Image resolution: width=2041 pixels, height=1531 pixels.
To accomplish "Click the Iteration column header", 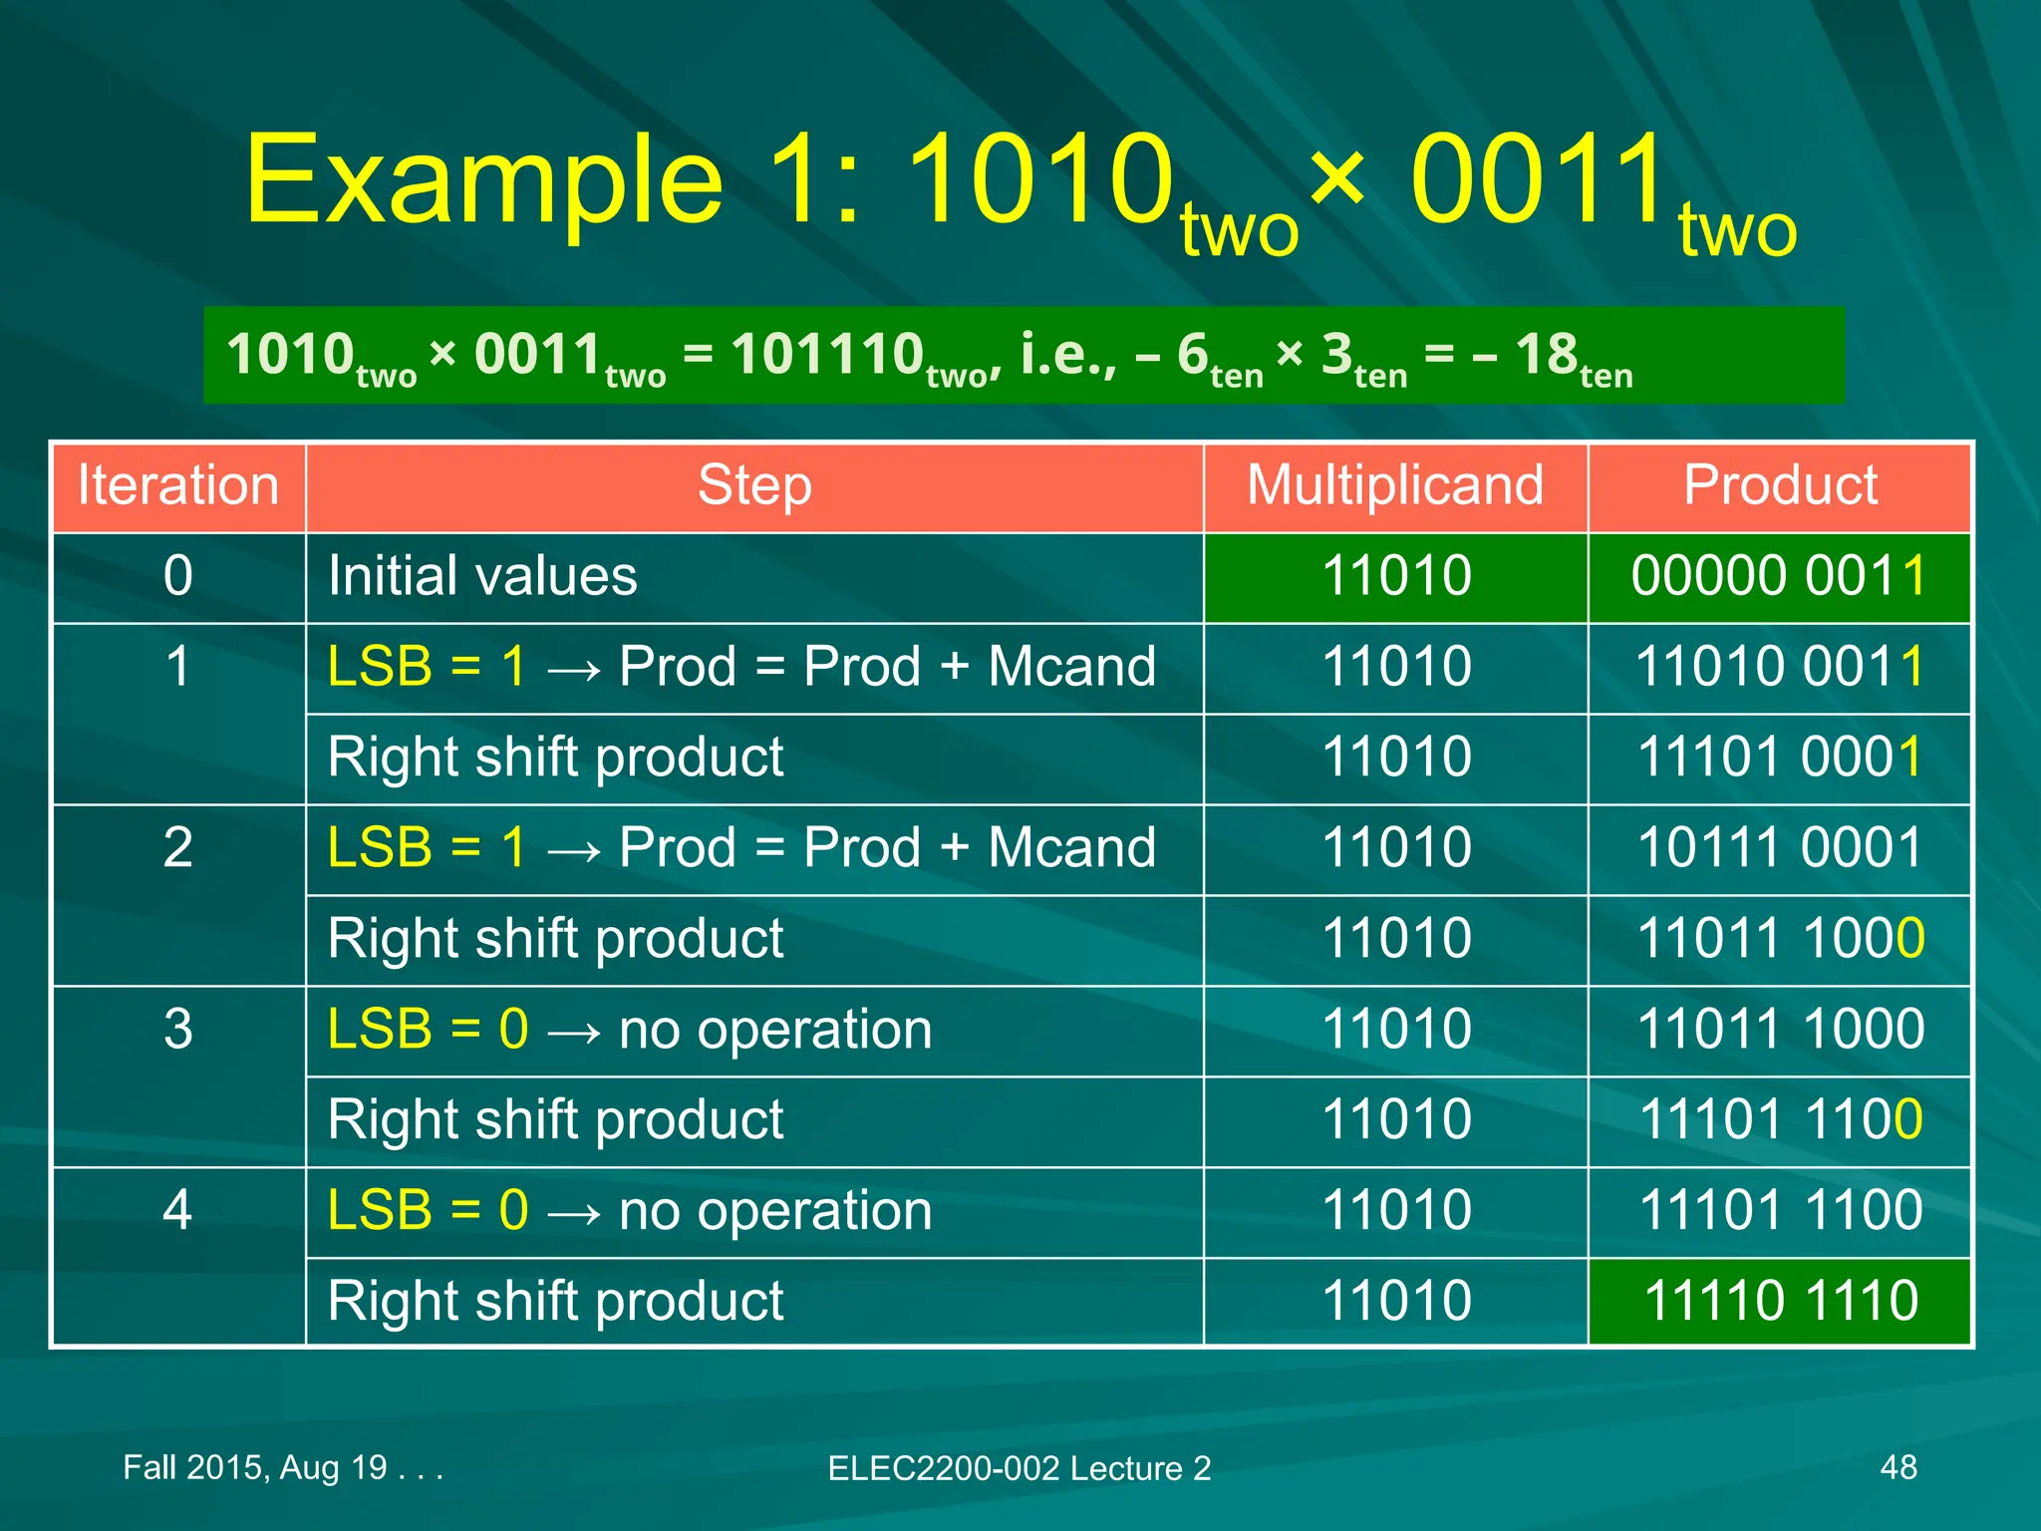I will click(177, 486).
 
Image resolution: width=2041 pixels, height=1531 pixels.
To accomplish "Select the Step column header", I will click(754, 486).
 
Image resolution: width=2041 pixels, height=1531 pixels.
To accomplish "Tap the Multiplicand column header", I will click(1395, 486).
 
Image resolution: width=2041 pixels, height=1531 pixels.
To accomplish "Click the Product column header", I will click(1780, 486).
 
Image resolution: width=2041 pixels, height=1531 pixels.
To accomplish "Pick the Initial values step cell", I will click(482, 576).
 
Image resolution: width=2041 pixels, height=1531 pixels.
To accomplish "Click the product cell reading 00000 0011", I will click(1780, 576).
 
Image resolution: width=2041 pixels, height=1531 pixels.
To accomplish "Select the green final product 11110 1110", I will click(1780, 1301).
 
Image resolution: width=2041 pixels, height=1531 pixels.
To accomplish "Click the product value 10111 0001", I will click(1780, 848).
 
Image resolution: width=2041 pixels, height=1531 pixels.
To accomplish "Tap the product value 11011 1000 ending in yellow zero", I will click(1780, 939).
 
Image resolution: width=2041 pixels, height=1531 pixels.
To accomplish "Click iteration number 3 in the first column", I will click(177, 1030).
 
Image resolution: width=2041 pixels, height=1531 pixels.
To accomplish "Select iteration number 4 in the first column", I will click(177, 1210).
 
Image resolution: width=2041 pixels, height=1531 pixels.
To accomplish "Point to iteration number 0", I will click(177, 576).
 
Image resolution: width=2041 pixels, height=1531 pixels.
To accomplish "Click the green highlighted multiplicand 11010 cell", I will click(1395, 576).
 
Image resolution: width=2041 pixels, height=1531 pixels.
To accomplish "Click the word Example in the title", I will click(484, 181).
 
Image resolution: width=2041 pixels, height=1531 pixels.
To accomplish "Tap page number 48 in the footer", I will click(1897, 1467).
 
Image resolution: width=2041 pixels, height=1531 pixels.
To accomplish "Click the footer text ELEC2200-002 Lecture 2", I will click(1019, 1468).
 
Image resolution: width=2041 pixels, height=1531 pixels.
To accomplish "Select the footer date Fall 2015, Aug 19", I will click(282, 1467).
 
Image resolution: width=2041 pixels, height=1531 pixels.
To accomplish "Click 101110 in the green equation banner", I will click(827, 355).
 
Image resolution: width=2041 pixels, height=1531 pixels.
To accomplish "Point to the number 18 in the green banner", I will click(1547, 355).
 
